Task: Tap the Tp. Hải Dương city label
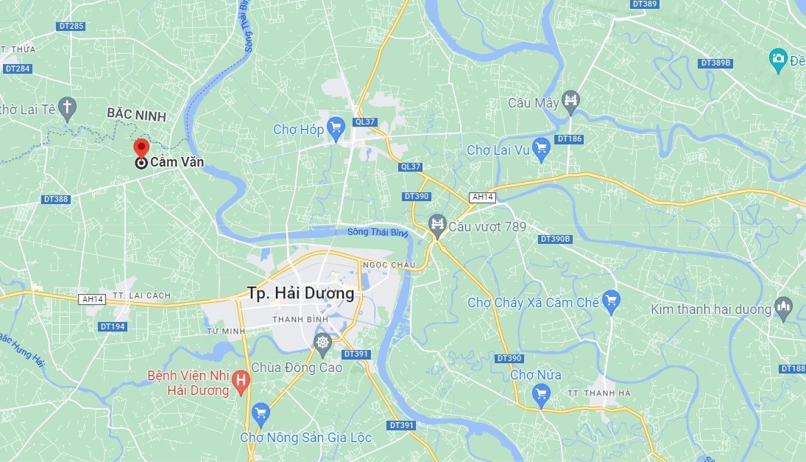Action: (300, 293)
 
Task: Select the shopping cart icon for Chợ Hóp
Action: (336, 127)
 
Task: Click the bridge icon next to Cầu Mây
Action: (570, 100)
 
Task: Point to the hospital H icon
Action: (239, 381)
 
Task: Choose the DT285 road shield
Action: (71, 27)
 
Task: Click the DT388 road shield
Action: (55, 199)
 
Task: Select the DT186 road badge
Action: (570, 139)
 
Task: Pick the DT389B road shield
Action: (716, 63)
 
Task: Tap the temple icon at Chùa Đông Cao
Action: (322, 342)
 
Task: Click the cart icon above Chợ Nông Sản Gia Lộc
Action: (260, 412)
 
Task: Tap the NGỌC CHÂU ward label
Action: (388, 265)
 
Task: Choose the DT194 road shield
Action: (113, 326)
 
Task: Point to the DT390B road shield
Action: (556, 239)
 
